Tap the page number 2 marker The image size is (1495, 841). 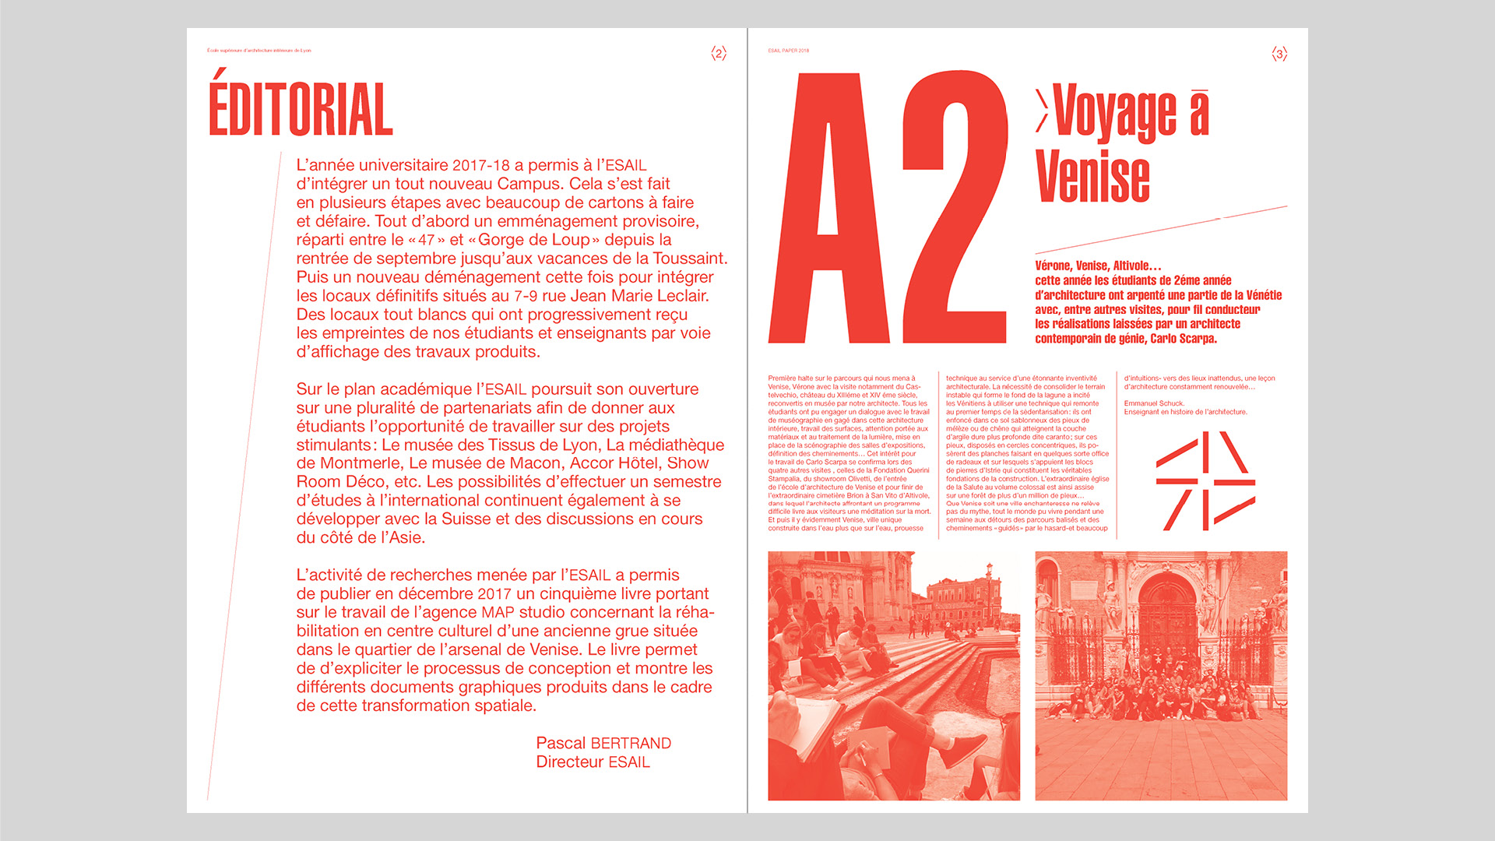click(x=719, y=54)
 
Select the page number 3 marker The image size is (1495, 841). click(x=1279, y=54)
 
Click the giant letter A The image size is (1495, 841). click(x=829, y=210)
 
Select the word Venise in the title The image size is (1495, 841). click(x=1092, y=177)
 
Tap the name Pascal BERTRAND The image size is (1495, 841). click(x=603, y=744)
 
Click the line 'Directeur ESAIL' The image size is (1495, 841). click(x=593, y=762)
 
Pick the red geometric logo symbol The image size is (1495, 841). click(x=1205, y=481)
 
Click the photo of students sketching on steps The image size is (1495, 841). click(x=894, y=676)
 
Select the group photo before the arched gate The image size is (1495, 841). click(x=1161, y=676)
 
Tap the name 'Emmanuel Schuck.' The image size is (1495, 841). click(x=1154, y=403)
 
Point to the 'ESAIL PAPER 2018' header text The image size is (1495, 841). click(x=789, y=51)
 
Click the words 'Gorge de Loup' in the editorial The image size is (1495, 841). click(x=534, y=240)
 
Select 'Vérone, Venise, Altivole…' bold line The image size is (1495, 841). click(x=1098, y=266)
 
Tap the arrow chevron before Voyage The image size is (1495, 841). click(x=1042, y=111)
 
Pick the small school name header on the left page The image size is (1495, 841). click(x=259, y=51)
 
